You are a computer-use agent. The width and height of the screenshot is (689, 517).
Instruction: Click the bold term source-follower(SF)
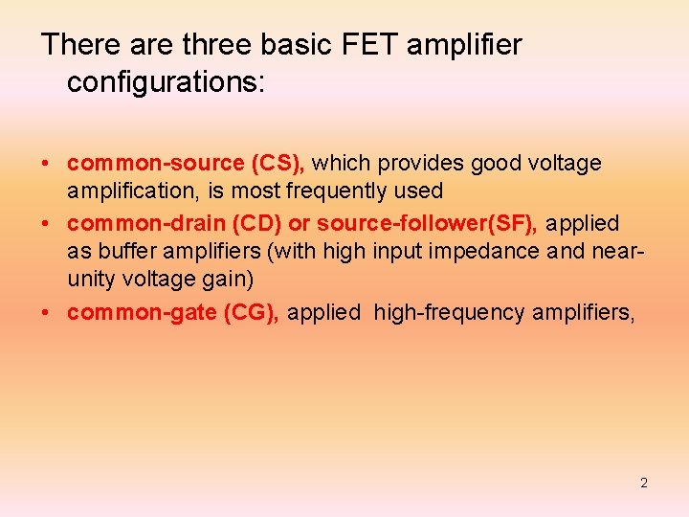428,223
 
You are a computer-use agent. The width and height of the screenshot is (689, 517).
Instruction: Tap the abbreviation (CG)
251,312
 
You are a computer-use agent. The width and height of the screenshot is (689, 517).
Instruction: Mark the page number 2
644,483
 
